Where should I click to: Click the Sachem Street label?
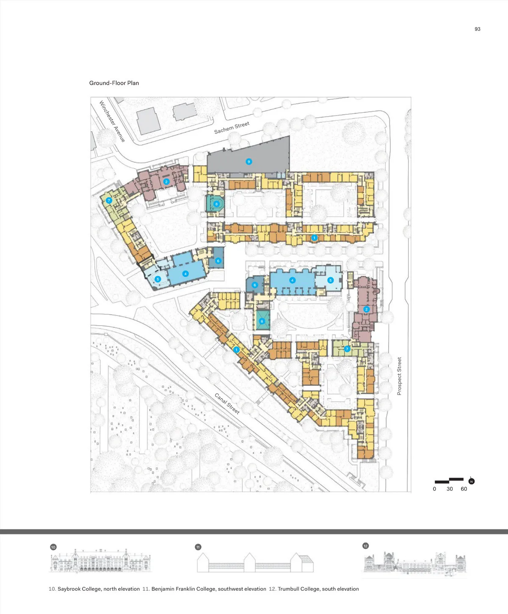pos(232,127)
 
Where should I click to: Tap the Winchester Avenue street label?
pos(112,121)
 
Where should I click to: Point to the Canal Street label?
pos(227,404)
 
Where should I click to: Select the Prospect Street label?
pos(399,376)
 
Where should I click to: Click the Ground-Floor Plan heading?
pos(114,83)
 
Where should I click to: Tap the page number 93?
pos(478,29)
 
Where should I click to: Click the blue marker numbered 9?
pos(249,161)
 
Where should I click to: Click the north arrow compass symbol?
pos(471,481)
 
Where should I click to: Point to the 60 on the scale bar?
pos(464,489)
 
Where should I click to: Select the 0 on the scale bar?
pos(434,489)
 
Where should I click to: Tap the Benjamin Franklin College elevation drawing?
pos(255,562)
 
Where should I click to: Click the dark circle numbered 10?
pos(53,547)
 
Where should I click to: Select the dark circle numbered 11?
pos(198,547)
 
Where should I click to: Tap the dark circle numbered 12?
pos(365,546)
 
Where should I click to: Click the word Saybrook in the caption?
pos(69,589)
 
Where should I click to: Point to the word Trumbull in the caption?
pos(288,589)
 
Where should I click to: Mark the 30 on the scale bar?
pos(450,489)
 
